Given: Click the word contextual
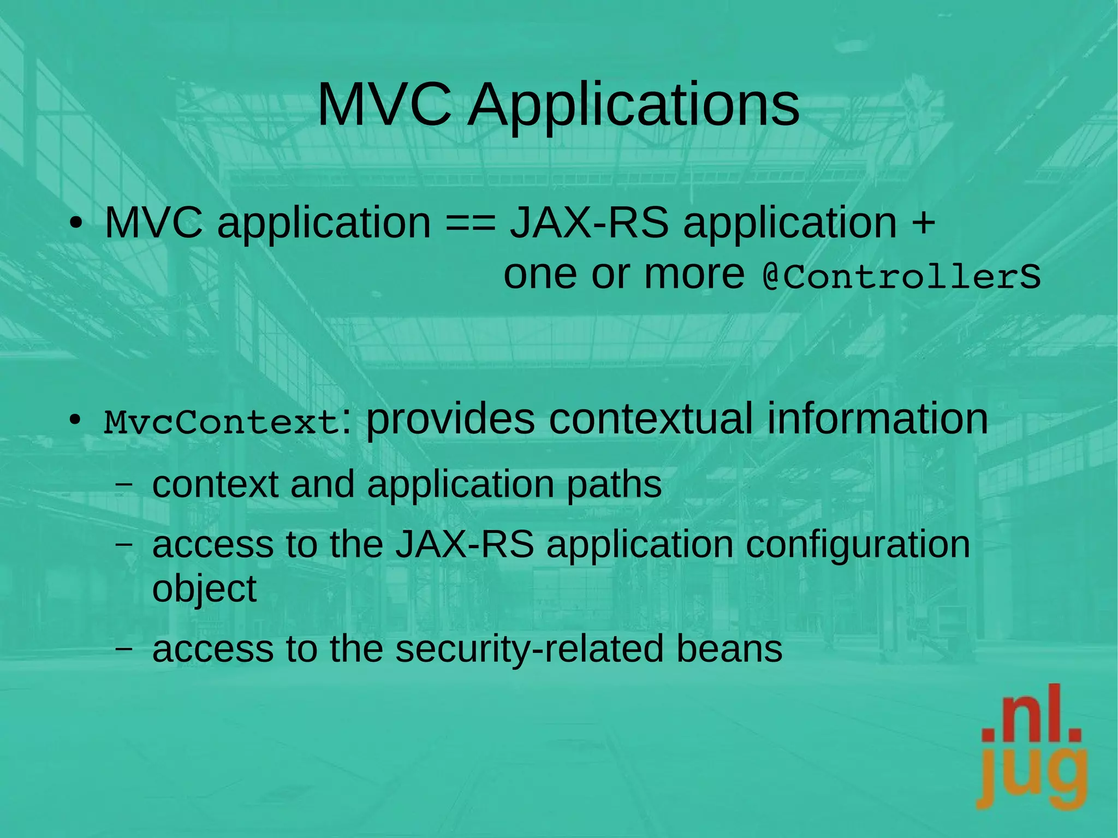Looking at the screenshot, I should (x=650, y=419).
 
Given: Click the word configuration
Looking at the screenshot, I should (x=857, y=545).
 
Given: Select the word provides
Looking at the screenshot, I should (x=450, y=419).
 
